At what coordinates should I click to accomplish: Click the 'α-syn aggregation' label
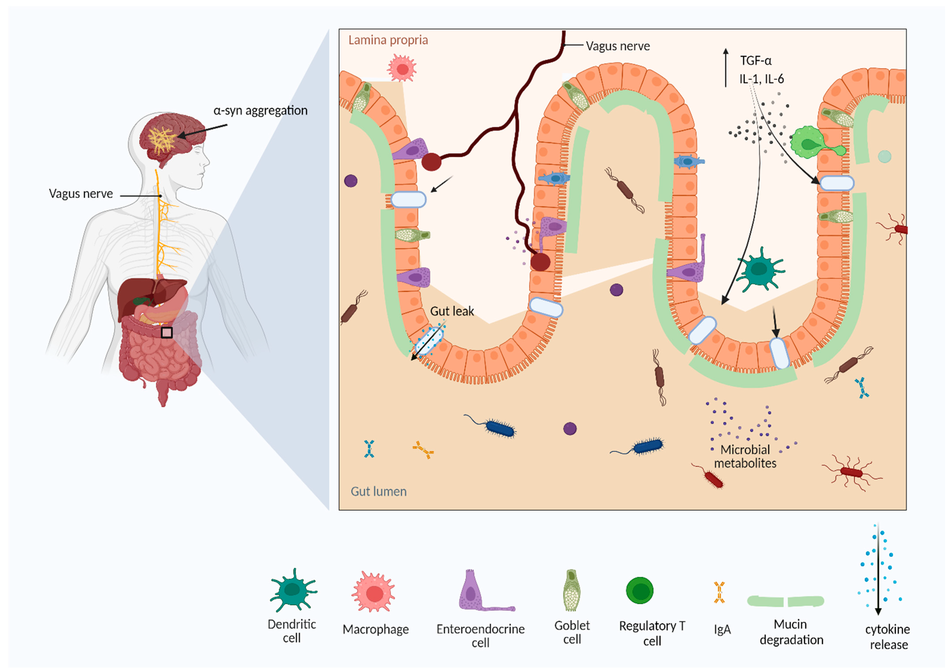[261, 111]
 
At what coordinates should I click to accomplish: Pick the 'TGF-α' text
[756, 61]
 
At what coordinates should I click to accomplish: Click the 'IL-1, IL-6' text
[761, 79]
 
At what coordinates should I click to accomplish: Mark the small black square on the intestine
[167, 332]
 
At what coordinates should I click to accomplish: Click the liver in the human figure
[137, 296]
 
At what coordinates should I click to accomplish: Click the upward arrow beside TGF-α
[726, 67]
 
